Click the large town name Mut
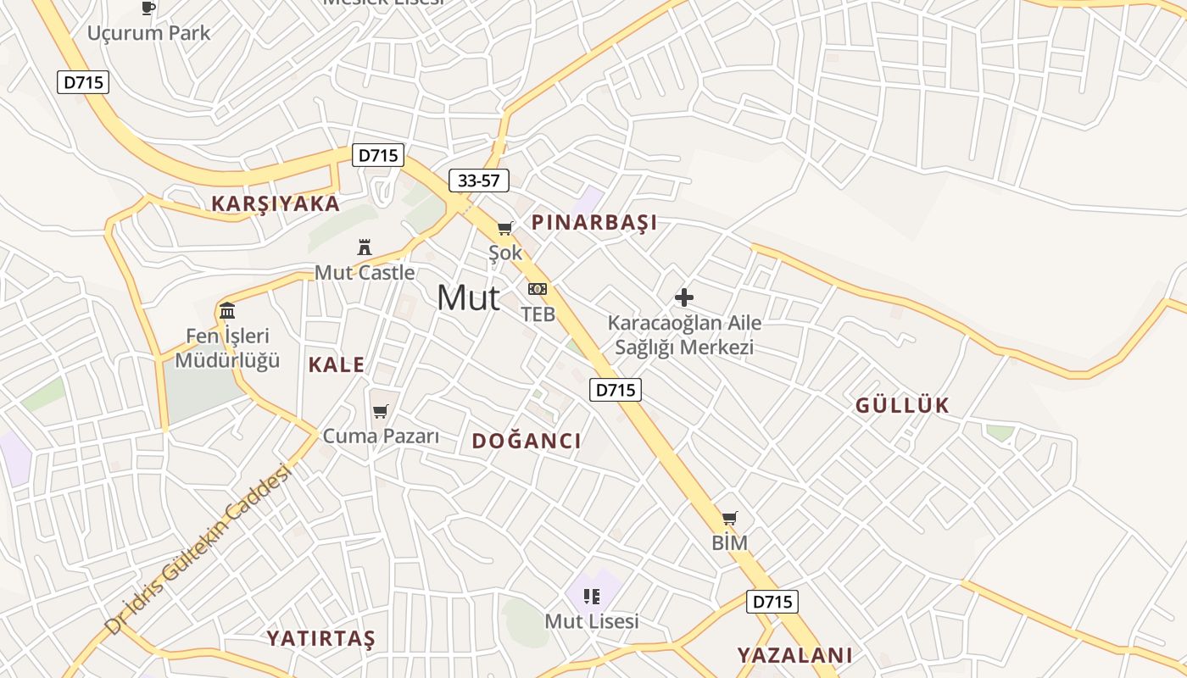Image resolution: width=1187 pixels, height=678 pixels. [468, 297]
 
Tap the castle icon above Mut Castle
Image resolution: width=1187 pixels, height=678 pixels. [365, 247]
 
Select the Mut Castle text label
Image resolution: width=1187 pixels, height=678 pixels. [365, 273]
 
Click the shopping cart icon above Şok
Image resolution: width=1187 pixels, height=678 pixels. [505, 228]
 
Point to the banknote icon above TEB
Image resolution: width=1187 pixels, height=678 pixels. [538, 289]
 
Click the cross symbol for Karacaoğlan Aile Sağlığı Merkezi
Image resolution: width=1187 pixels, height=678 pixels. [684, 297]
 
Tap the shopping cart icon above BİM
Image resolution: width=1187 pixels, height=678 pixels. [730, 518]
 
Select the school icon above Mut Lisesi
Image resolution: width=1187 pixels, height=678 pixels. [592, 596]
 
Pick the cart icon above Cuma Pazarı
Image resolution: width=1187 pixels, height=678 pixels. [381, 411]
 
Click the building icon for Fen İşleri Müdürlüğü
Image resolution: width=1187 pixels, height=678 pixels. [227, 310]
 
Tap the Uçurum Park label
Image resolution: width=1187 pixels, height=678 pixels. [149, 33]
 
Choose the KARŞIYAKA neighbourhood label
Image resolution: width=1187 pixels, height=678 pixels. [276, 204]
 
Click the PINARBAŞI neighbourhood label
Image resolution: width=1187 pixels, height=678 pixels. [594, 223]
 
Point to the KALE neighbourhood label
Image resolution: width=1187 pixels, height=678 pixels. [337, 365]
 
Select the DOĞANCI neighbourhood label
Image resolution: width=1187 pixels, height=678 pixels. [527, 441]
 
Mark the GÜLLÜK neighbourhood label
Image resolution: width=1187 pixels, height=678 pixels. [902, 405]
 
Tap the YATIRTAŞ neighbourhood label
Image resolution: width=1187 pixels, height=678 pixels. [321, 638]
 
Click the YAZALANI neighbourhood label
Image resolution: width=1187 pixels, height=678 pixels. [794, 655]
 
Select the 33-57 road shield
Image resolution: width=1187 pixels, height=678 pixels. [479, 181]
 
